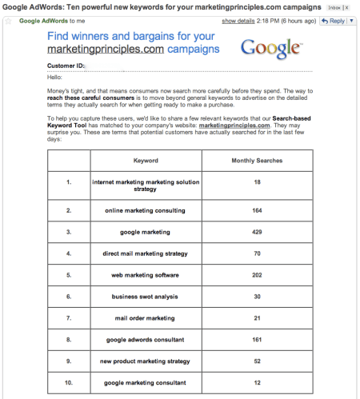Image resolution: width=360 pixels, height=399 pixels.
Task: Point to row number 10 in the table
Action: point(70,383)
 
